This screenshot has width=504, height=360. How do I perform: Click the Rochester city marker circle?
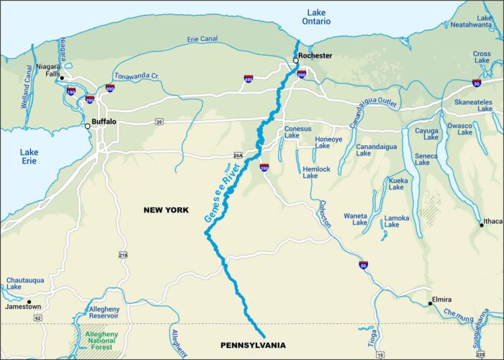[x=295, y=61]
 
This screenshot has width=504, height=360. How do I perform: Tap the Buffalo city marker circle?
[x=88, y=126]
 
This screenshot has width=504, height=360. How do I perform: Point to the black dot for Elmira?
[x=430, y=304]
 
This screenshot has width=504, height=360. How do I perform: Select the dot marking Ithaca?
[x=482, y=225]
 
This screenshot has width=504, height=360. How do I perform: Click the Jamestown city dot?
[x=30, y=302]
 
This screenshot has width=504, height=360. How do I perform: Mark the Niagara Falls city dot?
[x=62, y=78]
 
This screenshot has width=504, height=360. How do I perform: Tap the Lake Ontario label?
[x=316, y=17]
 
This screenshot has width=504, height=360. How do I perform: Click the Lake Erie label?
[x=29, y=157]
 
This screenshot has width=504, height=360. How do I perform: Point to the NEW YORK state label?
[x=166, y=210]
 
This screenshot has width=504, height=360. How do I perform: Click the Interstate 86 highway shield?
[x=364, y=265]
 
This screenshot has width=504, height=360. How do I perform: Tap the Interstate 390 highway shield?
[x=264, y=166]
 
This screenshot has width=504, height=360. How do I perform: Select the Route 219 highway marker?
[x=123, y=255]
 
